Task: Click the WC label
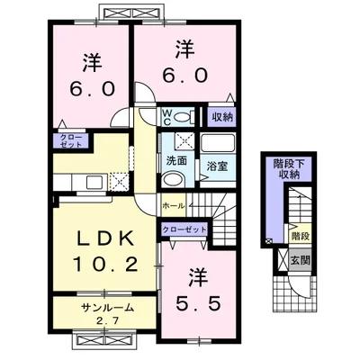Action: (x=166, y=116)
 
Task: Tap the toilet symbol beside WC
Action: (x=183, y=116)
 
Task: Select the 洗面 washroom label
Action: (x=175, y=163)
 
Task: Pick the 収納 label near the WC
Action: (x=221, y=117)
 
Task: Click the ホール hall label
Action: (x=173, y=205)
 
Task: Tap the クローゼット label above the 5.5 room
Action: (x=184, y=230)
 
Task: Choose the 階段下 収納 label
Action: (x=287, y=169)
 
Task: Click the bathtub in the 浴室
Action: (x=215, y=144)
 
